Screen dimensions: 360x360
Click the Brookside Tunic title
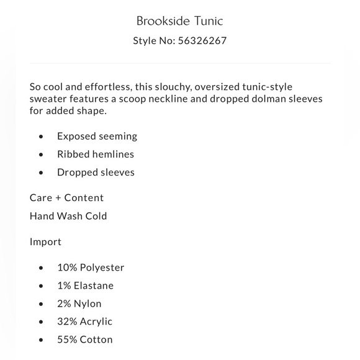[180, 21]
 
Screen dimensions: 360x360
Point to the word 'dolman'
[272, 99]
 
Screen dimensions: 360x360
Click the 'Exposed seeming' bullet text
[97, 136]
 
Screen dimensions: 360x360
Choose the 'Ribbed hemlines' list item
[96, 154]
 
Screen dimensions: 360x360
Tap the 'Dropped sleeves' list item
[96, 172]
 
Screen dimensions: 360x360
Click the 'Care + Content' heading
[66, 198]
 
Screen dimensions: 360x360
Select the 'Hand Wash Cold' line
[68, 216]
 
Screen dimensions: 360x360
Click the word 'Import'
[45, 241]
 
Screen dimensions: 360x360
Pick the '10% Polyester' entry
[91, 268]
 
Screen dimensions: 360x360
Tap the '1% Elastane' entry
[85, 286]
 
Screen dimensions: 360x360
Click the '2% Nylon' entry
[79, 304]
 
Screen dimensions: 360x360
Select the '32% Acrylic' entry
[85, 322]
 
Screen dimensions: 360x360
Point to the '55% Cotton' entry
[85, 340]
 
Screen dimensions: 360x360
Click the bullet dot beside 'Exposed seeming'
[41, 137]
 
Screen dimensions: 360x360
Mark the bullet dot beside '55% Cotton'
[41, 340]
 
